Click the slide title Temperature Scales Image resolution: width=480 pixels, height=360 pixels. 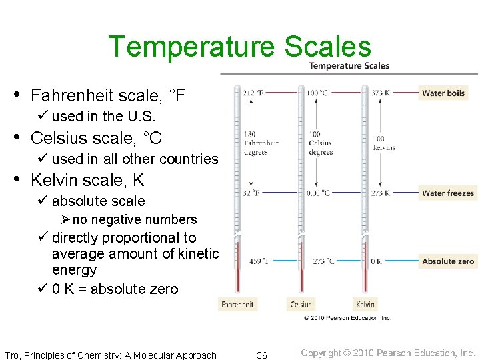239,47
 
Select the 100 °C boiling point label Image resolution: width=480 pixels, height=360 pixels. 317,93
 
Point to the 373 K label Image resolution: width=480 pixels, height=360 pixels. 380,93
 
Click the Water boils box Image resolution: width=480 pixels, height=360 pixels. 443,93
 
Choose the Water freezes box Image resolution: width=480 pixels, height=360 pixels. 448,193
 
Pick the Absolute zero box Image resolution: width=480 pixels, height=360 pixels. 448,261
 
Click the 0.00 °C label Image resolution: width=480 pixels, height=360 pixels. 317,193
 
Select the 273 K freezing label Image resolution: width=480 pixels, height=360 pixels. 380,193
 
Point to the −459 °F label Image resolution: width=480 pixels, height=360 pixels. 257,261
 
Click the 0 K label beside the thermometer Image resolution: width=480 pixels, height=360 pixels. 377,261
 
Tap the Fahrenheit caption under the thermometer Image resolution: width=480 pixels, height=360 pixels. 238,305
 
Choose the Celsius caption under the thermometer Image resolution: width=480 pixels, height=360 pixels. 301,305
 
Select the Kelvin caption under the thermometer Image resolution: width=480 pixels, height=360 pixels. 365,305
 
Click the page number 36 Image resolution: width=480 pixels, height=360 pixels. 262,355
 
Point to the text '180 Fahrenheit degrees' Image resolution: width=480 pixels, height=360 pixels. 261,143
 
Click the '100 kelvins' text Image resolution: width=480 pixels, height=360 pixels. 384,143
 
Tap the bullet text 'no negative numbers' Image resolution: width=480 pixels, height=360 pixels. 135,220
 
